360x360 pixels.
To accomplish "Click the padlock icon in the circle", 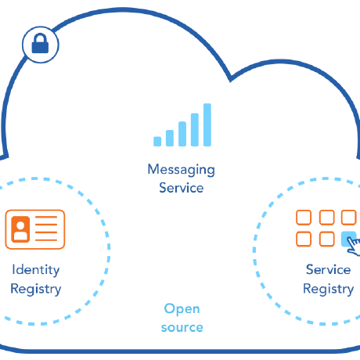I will pyautogui.click(x=40, y=45).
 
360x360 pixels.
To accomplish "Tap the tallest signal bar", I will pyautogui.click(x=207, y=125).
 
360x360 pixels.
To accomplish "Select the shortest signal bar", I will pyautogui.click(x=157, y=141).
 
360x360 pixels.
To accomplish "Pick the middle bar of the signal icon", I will pyautogui.click(x=182, y=134).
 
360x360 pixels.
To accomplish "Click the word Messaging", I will pyautogui.click(x=181, y=170).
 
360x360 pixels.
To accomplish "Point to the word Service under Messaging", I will pyautogui.click(x=181, y=188).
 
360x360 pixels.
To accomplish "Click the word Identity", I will pyautogui.click(x=35, y=270).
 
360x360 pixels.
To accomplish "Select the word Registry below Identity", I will pyautogui.click(x=35, y=289).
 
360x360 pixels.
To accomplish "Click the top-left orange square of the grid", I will pyautogui.click(x=304, y=218).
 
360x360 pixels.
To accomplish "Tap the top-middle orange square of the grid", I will pyautogui.click(x=326, y=218).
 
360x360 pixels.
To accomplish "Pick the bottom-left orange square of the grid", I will pyautogui.click(x=304, y=239).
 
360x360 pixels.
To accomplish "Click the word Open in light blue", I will pyautogui.click(x=182, y=308).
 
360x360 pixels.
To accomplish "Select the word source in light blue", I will pyautogui.click(x=182, y=327).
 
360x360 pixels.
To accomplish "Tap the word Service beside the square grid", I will pyautogui.click(x=328, y=270).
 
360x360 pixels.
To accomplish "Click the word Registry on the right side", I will pyautogui.click(x=328, y=289).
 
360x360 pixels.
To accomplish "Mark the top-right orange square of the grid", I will pyautogui.click(x=349, y=218).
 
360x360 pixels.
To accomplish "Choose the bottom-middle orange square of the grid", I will pyautogui.click(x=326, y=239).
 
